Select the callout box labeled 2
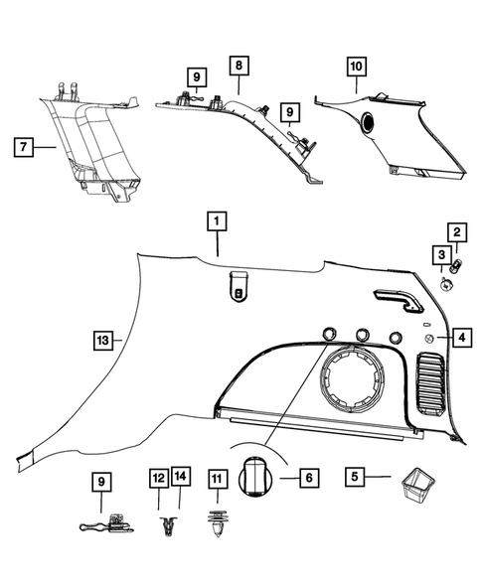[457, 233]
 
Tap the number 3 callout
[438, 257]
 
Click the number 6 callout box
[309, 478]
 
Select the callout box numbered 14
[181, 478]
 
